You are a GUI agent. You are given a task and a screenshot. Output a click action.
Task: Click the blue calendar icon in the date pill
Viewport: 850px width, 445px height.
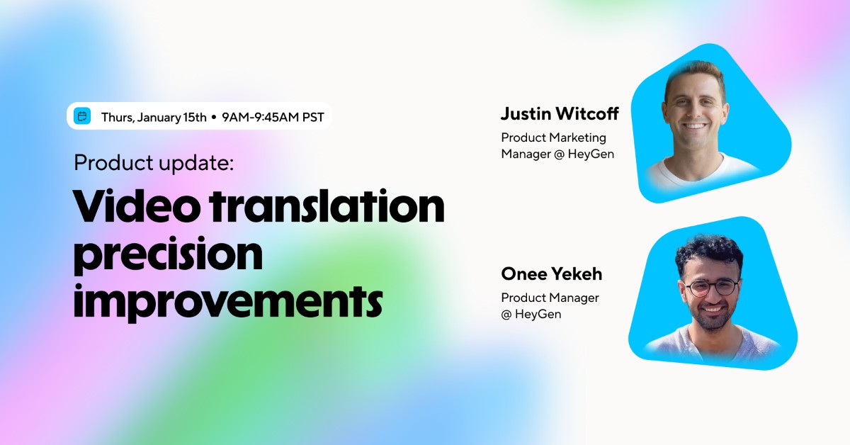coord(82,116)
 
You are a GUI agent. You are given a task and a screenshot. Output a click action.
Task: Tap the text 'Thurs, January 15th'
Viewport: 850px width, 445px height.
coord(154,117)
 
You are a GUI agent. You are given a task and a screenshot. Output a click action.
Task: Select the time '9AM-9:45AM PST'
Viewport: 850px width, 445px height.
coord(273,117)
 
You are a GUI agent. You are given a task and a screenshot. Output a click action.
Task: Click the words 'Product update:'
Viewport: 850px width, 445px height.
coord(154,163)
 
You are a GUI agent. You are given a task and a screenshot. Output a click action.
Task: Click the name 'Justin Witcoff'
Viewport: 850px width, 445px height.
coord(560,113)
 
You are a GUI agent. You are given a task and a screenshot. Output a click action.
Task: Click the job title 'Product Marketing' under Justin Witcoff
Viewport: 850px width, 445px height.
coord(553,137)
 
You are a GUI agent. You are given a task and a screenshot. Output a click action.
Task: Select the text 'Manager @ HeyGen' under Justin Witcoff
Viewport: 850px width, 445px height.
coord(557,154)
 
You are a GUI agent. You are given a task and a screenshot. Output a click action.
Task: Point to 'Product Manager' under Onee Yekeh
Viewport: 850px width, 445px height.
coord(550,298)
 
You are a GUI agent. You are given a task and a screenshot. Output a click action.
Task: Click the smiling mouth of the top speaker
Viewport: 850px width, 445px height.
coord(695,128)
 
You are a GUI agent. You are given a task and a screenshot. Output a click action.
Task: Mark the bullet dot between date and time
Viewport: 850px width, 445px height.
coord(213,117)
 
